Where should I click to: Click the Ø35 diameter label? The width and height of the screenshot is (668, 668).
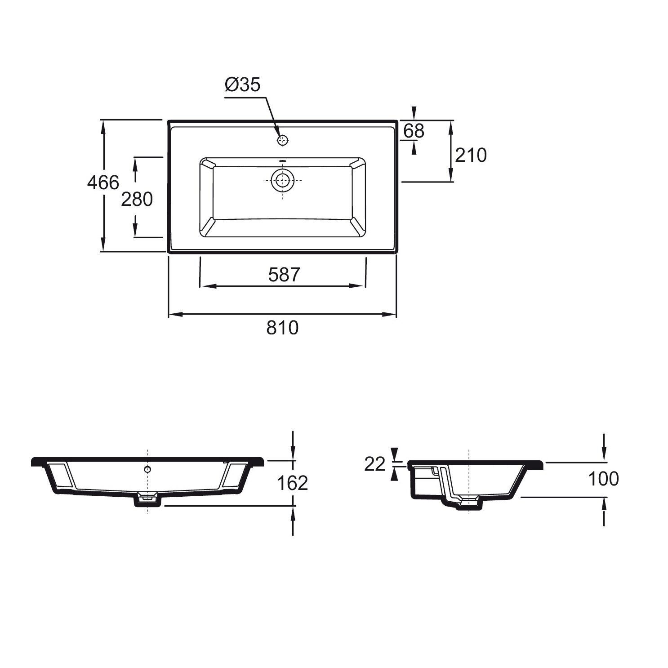(242, 85)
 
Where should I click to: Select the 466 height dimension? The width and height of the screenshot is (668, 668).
(103, 183)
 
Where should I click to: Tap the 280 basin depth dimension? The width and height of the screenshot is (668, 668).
(137, 199)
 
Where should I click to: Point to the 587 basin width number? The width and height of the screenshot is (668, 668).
(284, 275)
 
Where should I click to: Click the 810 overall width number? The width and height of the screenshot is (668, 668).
(282, 328)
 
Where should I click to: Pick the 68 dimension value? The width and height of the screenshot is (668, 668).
(414, 131)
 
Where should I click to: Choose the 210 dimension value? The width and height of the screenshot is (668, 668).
(471, 155)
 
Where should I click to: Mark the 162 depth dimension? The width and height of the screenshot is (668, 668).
(292, 483)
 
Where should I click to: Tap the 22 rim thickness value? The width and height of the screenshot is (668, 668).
(375, 464)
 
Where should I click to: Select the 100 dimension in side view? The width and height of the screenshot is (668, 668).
(603, 479)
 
